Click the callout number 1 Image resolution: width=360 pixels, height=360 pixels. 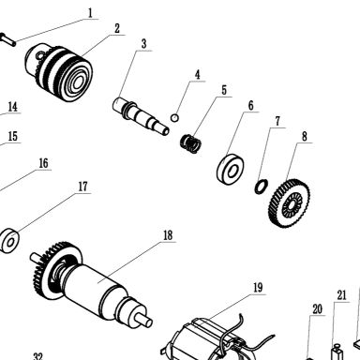tap(90, 13)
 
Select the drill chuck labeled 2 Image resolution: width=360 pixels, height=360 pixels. tap(59, 73)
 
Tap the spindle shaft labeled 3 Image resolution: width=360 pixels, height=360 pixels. tap(141, 116)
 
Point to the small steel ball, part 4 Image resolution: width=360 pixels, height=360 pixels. tap(174, 118)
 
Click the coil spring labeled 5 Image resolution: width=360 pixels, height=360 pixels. tap(190, 143)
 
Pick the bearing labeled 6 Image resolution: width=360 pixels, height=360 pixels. tap(231, 169)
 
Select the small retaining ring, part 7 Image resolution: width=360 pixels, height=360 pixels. tap(261, 187)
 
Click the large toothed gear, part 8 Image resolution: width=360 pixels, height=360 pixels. tap(289, 202)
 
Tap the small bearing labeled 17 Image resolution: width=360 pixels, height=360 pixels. tap(9, 241)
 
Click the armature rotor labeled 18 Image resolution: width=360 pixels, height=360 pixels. tap(92, 284)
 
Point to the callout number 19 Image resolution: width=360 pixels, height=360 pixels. tap(258, 288)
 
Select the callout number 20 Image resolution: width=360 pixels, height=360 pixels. tap(317, 309)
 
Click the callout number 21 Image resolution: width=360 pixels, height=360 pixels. tap(341, 295)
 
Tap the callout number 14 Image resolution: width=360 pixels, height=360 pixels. tap(12, 107)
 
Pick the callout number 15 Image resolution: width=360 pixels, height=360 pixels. tap(12, 136)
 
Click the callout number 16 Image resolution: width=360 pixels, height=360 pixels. tap(43, 163)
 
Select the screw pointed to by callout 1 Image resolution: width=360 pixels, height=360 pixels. tap(7, 39)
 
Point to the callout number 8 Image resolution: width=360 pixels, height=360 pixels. tap(305, 136)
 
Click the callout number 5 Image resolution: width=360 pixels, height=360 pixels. tap(224, 90)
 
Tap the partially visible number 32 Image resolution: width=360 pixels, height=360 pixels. tap(37, 356)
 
